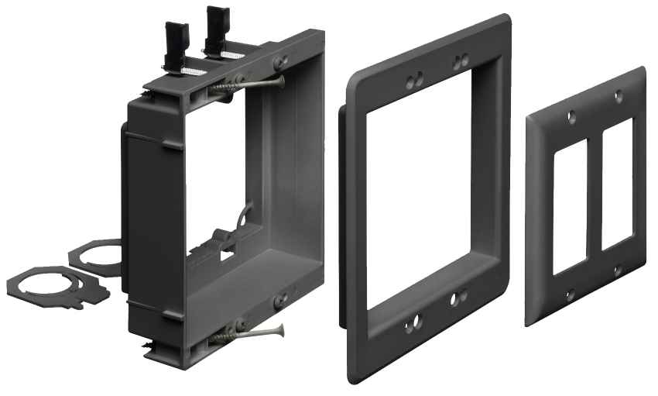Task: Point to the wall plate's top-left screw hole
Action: click(571, 119)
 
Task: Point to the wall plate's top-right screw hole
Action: click(618, 96)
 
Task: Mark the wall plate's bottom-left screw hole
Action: click(570, 294)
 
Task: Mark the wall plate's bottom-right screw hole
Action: click(617, 270)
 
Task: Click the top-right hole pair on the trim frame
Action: click(461, 60)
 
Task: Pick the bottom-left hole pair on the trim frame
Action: click(411, 321)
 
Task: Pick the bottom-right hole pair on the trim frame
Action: click(458, 297)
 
